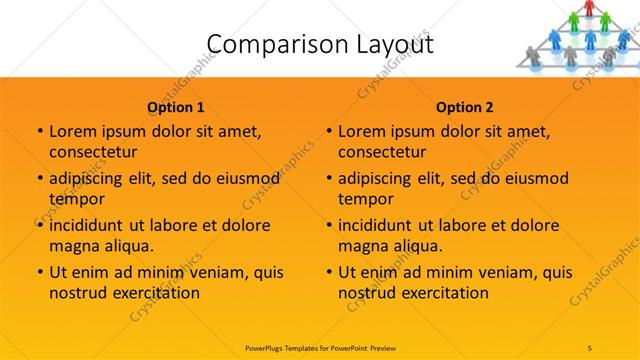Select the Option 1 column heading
(176, 107)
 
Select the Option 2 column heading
(465, 107)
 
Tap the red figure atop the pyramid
(590, 8)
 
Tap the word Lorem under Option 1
(73, 131)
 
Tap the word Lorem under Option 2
(362, 131)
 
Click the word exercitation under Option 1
(158, 293)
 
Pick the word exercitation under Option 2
(447, 293)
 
